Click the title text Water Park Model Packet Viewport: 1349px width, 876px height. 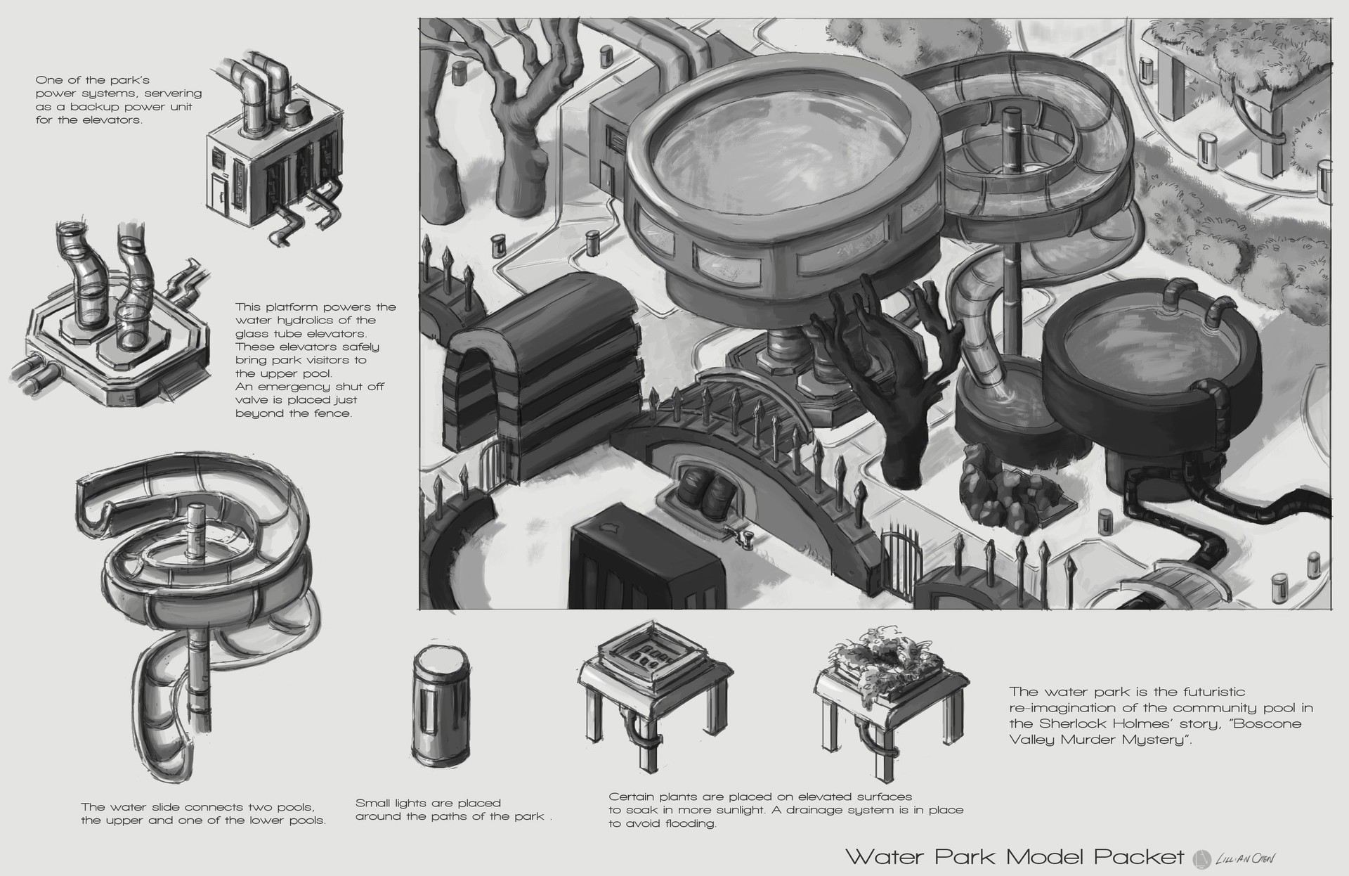1015,856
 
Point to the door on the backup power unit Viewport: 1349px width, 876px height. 219,191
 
